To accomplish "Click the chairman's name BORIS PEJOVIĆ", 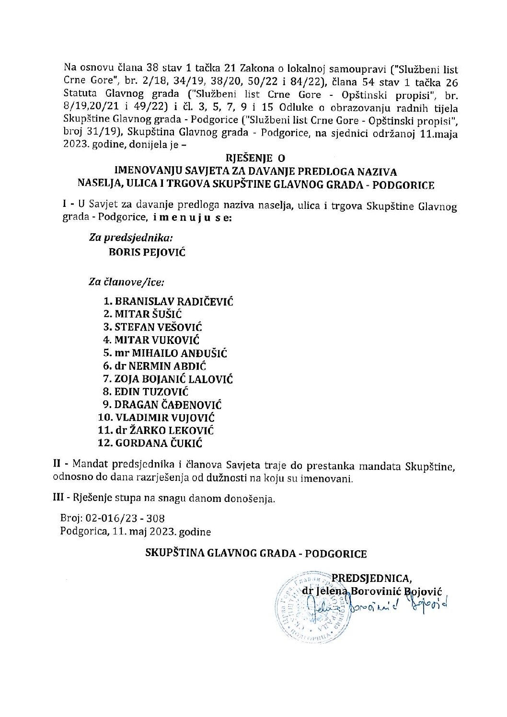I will (147, 253).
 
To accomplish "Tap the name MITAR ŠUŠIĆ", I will (149, 315).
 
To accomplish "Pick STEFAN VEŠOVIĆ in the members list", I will (158, 328).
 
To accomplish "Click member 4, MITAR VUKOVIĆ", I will (157, 341).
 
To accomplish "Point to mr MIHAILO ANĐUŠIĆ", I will (171, 353).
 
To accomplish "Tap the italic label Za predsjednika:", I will (131, 237).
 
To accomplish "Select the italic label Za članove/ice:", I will (126, 283).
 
